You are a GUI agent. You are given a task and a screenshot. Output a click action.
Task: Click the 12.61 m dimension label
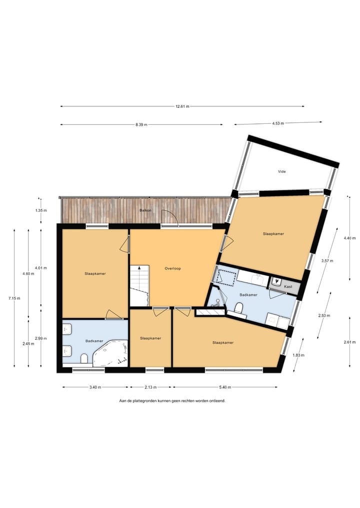[182, 106]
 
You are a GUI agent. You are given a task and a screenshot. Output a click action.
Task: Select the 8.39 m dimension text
[141, 125]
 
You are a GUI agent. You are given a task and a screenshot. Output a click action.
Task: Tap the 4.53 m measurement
[277, 123]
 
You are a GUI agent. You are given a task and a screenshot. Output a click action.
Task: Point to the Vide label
[282, 171]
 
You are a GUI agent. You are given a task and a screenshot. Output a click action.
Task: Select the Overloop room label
[172, 269]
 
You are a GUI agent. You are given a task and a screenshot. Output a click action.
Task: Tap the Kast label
[287, 287]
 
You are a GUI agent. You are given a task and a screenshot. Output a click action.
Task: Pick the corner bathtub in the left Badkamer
[112, 353]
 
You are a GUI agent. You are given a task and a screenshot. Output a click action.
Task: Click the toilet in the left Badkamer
[84, 358]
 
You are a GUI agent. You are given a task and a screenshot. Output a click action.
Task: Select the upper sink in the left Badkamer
[66, 329]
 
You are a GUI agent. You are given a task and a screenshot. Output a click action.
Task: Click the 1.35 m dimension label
[40, 211]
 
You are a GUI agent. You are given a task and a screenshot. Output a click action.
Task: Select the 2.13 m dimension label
[150, 388]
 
